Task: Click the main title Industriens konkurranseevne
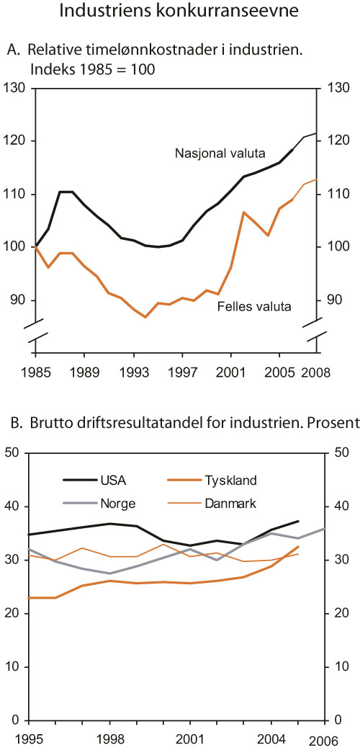click(179, 12)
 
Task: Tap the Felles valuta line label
click(254, 306)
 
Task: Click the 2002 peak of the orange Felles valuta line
click(243, 213)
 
